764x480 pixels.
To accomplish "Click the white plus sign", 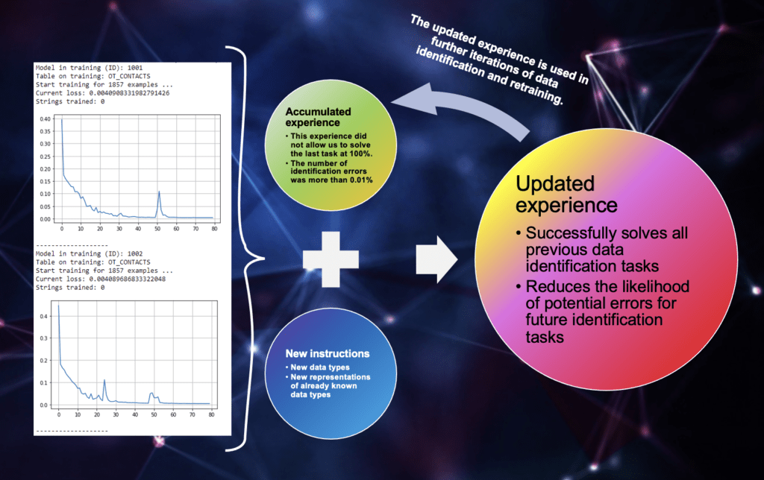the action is click(331, 259).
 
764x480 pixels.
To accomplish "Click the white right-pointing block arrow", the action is click(436, 259).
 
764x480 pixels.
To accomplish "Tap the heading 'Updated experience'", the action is click(566, 195).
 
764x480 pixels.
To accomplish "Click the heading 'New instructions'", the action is click(328, 354).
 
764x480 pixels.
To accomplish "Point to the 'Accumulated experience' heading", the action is click(318, 117).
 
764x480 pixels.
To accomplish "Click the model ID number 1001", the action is click(135, 68).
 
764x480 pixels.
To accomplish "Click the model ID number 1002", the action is click(135, 253).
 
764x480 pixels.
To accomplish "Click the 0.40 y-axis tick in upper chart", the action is click(45, 119).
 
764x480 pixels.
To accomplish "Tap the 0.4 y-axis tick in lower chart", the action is click(44, 317).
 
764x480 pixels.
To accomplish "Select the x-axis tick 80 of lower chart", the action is click(211, 414).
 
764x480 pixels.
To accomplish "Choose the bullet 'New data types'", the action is click(319, 367).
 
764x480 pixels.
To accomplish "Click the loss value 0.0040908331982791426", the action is click(129, 93).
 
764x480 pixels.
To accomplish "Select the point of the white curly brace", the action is click(263, 258).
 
